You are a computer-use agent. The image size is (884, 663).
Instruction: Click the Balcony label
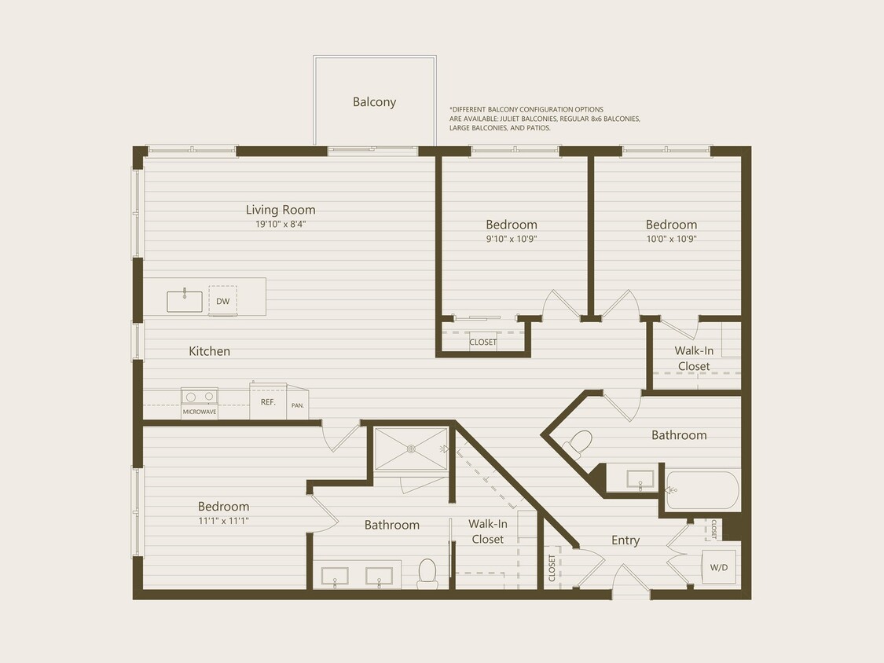[374, 102]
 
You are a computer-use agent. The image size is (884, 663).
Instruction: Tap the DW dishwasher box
[223, 301]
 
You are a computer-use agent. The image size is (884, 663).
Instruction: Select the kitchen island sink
[185, 301]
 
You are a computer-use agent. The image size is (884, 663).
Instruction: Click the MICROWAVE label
[200, 412]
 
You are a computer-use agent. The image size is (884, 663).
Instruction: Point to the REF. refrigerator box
[267, 401]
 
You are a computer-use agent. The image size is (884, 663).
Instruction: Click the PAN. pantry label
[298, 406]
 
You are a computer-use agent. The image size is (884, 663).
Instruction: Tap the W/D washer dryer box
[718, 567]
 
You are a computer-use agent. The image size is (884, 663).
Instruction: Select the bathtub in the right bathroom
[702, 490]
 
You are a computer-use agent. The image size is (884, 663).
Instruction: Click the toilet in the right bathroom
[578, 445]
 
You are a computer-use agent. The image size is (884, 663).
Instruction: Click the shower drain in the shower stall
[411, 449]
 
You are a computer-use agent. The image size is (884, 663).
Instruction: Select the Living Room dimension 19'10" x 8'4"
[281, 224]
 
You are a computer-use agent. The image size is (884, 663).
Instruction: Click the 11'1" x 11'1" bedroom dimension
[223, 521]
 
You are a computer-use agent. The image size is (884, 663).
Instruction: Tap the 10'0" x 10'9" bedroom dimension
[671, 239]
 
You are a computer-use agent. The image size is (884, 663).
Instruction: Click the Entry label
[625, 540]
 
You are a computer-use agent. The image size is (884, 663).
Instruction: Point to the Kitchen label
[210, 351]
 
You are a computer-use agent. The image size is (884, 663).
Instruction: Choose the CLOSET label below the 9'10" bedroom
[482, 342]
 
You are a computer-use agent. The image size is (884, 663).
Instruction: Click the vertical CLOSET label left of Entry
[552, 568]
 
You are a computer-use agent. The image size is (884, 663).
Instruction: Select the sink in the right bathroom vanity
[640, 480]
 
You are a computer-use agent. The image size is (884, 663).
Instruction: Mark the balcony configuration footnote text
[545, 119]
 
